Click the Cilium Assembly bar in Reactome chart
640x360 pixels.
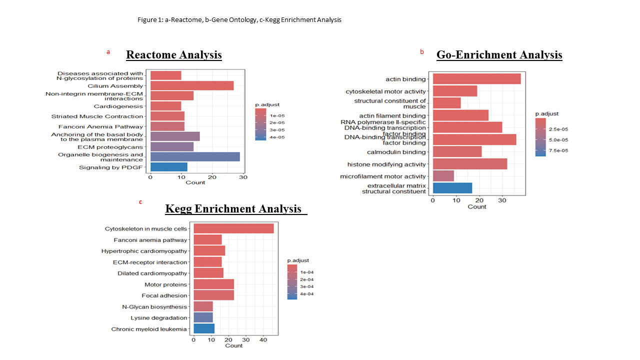tap(192, 86)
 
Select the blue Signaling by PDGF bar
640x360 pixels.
tap(168, 167)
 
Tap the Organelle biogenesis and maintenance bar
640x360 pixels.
tap(195, 157)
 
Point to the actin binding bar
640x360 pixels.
tap(476, 79)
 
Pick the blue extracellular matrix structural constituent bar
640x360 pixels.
tap(452, 188)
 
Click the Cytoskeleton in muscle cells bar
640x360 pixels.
tap(233, 228)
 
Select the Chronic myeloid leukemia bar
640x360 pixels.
tap(204, 329)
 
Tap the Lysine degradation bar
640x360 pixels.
tap(203, 318)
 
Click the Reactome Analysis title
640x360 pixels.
tap(174, 54)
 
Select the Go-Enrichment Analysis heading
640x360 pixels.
tap(499, 54)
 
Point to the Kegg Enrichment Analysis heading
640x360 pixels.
tap(233, 208)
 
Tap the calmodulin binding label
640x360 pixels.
tap(396, 152)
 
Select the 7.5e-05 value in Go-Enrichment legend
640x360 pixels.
tap(559, 150)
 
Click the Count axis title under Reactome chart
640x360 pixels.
tap(195, 182)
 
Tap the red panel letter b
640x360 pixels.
tap(421, 52)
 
